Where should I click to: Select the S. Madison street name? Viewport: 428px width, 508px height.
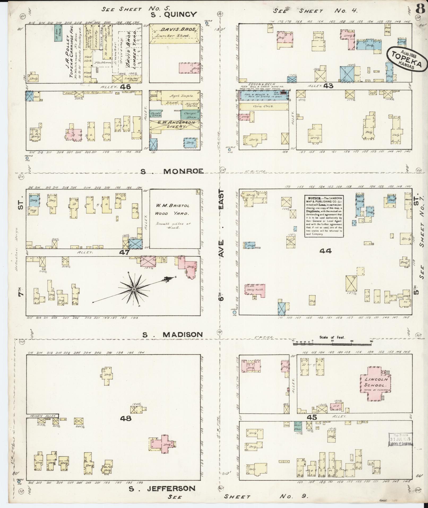click(172, 335)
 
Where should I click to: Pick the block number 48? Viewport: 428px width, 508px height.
click(126, 426)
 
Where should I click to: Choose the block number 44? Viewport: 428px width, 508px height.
click(326, 251)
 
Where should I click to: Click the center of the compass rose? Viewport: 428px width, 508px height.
click(134, 289)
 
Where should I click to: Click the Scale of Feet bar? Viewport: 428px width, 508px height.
click(332, 344)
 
